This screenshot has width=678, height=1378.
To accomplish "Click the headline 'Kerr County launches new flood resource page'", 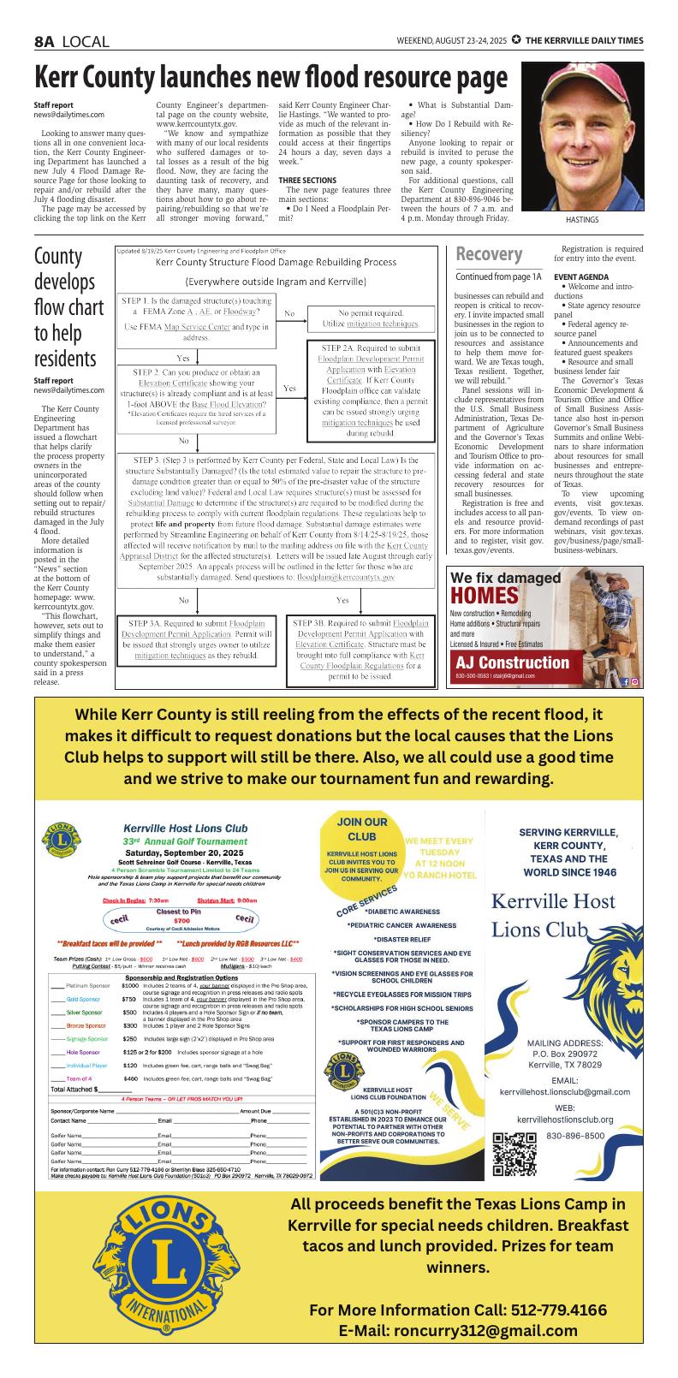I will pyautogui.click(x=270, y=79).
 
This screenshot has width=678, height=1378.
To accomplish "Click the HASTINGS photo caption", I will pyautogui.click(x=581, y=220).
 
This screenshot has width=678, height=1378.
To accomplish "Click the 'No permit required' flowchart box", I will pyautogui.click(x=370, y=318).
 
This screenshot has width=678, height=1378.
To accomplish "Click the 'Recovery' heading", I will pyautogui.click(x=489, y=255).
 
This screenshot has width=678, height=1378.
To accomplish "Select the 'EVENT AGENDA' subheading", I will pyautogui.click(x=582, y=277).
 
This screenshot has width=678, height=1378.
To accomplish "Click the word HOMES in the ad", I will pyautogui.click(x=485, y=596).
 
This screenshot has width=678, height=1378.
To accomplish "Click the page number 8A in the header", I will pyautogui.click(x=45, y=41).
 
